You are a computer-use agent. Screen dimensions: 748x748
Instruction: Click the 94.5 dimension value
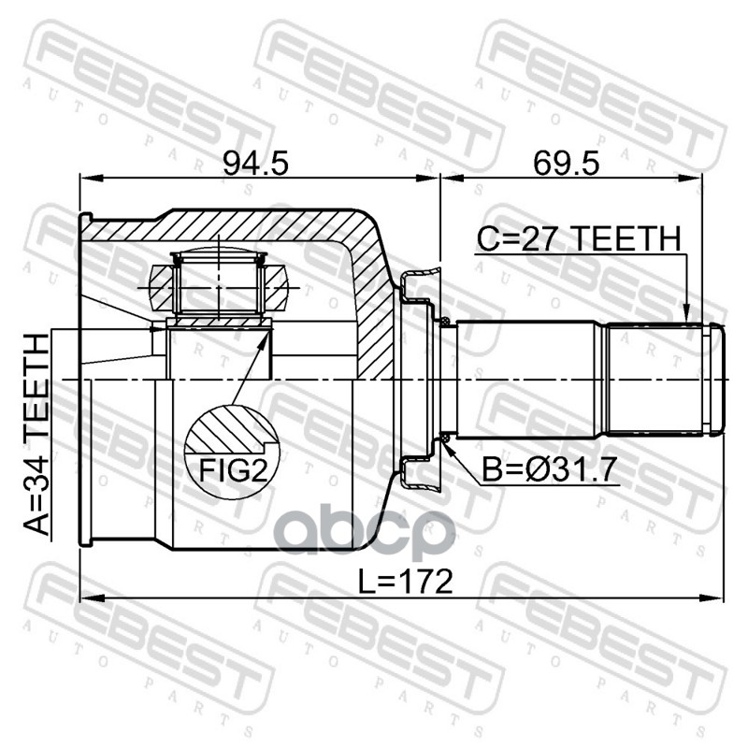point(255,164)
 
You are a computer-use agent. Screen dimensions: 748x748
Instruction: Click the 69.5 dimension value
point(566,164)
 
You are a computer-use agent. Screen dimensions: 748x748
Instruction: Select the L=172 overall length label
point(405,582)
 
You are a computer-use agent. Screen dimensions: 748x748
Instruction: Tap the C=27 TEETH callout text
point(579,238)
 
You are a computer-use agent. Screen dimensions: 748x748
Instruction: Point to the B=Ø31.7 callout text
point(550,469)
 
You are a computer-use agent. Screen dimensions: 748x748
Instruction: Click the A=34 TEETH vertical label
point(36,434)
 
